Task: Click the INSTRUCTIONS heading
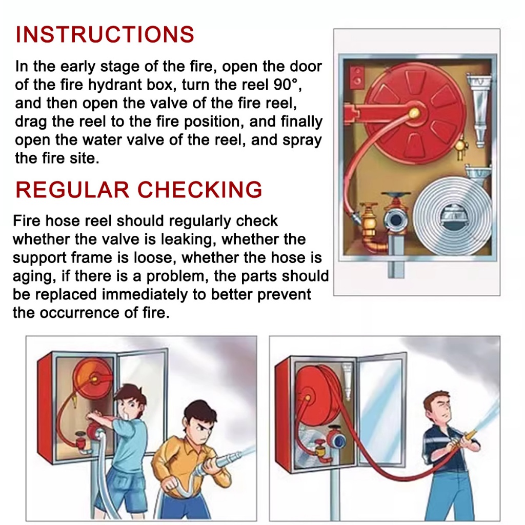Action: coord(105,34)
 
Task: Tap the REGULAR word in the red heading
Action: coord(72,190)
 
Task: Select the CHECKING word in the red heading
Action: coord(199,190)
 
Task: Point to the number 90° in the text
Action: coord(285,85)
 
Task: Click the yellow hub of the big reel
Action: coord(414,113)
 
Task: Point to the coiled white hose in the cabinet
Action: coord(452,216)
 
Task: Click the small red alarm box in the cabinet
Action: coord(357,76)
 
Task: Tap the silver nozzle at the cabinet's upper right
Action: coord(479,111)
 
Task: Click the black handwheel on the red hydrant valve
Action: coord(396,194)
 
